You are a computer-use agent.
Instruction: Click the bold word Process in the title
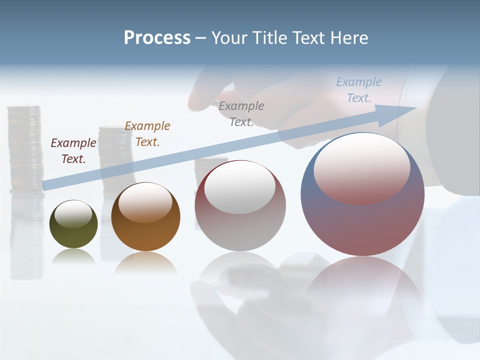157,38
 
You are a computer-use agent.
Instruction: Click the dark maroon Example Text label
73,150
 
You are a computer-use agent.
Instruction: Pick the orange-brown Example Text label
147,133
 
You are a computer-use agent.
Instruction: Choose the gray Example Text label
241,113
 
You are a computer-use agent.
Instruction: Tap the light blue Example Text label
358,89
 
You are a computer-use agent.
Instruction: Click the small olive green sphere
73,232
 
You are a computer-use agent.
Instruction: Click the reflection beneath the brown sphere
145,262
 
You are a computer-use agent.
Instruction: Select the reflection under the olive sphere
73,256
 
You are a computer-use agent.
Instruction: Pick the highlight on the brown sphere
145,202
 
